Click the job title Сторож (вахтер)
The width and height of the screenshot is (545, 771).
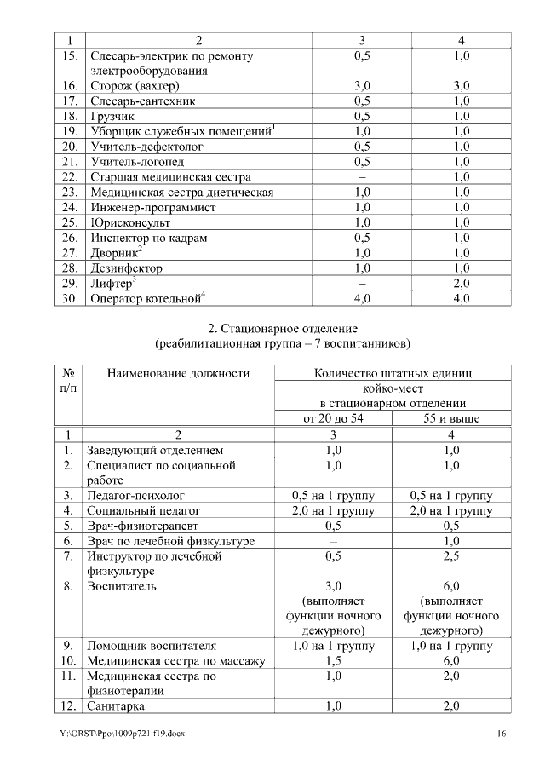pos(135,86)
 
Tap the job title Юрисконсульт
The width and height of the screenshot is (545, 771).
pos(129,222)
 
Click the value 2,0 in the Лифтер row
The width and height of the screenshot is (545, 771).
pos(462,283)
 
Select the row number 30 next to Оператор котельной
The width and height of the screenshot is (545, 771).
pos(70,298)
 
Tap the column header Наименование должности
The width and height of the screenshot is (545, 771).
pos(178,372)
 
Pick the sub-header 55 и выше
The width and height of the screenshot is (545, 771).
pos(451,418)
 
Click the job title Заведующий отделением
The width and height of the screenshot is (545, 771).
pos(155,449)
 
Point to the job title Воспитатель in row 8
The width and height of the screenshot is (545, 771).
pos(122,586)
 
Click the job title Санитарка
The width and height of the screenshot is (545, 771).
pos(117,706)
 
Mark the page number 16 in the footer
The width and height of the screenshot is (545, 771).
pos(502,734)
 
